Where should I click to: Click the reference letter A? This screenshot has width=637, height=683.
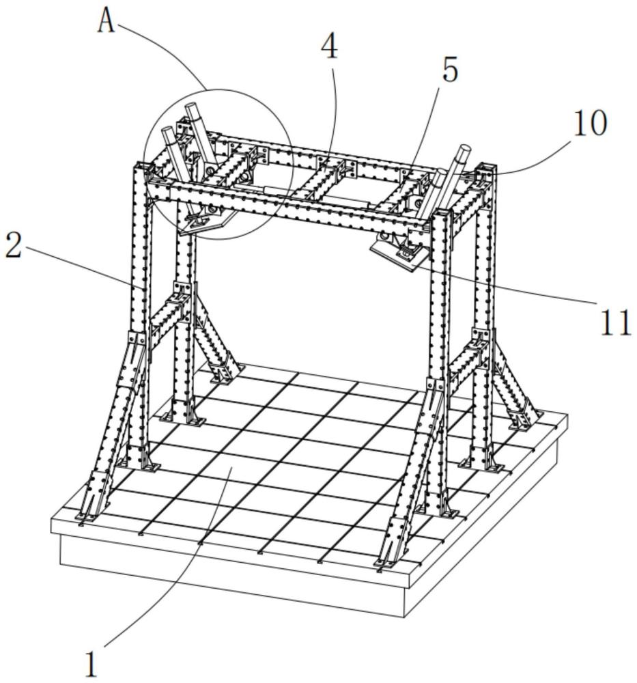tap(107, 21)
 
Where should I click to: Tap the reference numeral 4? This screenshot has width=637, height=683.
tap(330, 46)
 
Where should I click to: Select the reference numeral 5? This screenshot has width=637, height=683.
tap(450, 70)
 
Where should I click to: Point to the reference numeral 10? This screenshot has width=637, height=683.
tap(589, 123)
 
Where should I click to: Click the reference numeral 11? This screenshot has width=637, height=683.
tap(616, 323)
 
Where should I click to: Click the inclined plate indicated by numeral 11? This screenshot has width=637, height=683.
tap(398, 256)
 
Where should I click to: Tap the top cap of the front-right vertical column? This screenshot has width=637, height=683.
tap(441, 212)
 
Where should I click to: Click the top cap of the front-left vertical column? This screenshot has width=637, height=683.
tap(143, 165)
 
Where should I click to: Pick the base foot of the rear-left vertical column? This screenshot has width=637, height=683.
tap(182, 419)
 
